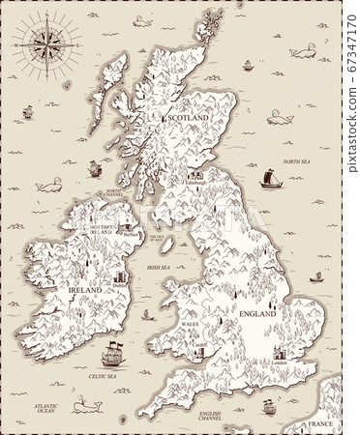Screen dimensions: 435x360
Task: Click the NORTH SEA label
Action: tap(296, 161)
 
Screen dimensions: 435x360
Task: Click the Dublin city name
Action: tap(120, 285)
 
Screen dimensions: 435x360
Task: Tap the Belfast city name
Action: tap(132, 233)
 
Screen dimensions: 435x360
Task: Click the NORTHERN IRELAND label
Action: tap(102, 230)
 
